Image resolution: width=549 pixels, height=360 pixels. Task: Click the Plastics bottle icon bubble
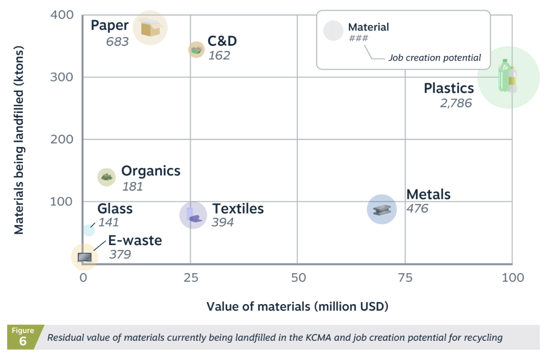tap(508, 77)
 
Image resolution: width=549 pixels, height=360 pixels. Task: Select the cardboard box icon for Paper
tap(150, 27)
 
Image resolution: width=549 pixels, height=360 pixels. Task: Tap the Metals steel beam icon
tap(382, 209)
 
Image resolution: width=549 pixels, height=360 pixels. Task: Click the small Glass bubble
tap(88, 230)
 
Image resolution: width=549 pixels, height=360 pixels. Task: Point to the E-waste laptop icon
tap(84, 257)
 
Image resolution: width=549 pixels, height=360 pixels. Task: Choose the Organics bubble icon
tap(106, 177)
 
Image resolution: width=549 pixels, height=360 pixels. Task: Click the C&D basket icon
tap(197, 49)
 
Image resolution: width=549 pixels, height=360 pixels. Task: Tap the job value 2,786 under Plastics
tap(455, 103)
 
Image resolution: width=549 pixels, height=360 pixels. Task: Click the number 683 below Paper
tap(117, 41)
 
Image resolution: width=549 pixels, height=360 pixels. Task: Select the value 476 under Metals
tap(417, 208)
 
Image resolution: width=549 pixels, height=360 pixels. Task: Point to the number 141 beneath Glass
tap(109, 223)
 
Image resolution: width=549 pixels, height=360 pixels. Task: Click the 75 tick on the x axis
tap(405, 278)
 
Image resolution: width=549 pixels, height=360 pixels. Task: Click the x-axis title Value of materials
tap(297, 307)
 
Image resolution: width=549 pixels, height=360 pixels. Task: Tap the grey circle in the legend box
tap(333, 31)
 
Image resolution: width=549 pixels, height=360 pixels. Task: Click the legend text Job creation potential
tap(435, 57)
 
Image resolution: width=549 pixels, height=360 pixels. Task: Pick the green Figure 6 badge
tap(23, 337)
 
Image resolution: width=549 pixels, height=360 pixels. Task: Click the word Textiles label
tap(238, 208)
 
